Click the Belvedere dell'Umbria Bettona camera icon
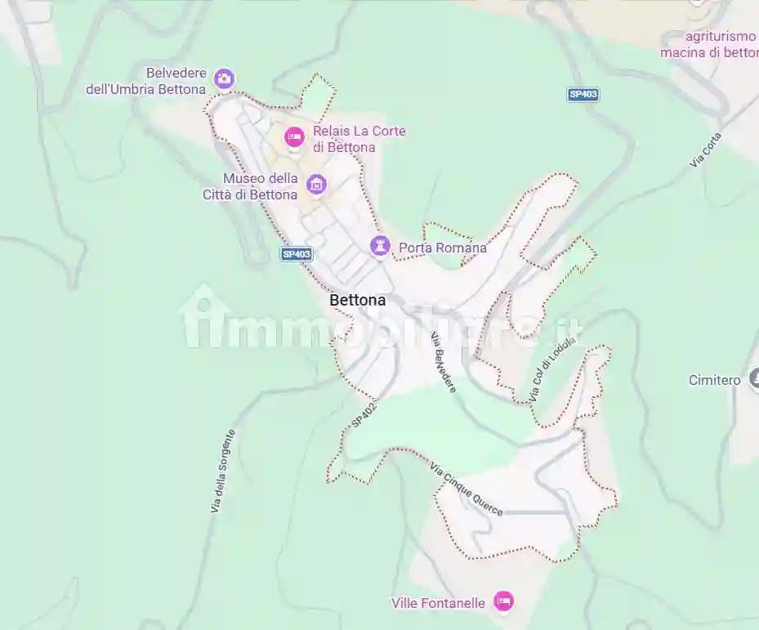point(223,78)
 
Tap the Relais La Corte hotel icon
point(294,137)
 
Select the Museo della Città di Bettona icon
point(316,185)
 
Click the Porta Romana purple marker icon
point(380,245)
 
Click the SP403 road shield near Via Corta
point(583,94)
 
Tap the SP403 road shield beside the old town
point(297,254)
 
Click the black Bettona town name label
point(357,301)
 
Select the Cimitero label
point(714,380)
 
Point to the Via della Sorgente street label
point(222,471)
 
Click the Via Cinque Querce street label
point(467,489)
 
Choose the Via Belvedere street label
point(444,363)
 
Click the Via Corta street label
point(706,150)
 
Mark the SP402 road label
point(365,413)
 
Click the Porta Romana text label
point(442,248)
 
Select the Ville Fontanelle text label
point(438,603)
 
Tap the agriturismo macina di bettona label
point(709,44)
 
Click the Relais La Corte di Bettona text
point(359,139)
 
